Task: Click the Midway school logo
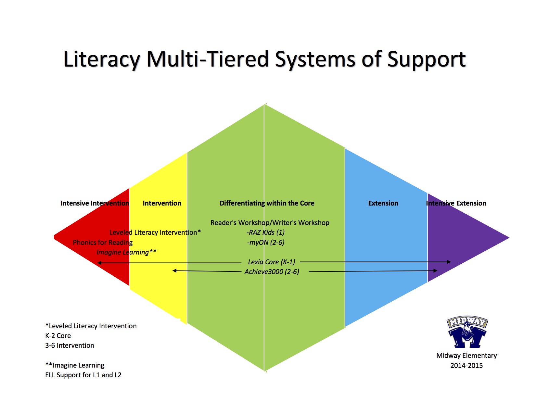(467, 332)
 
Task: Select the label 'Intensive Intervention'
(95, 203)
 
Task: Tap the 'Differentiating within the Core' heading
(267, 203)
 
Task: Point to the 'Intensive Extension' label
(456, 203)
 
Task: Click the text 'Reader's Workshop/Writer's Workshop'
(270, 223)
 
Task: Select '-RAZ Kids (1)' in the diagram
(266, 232)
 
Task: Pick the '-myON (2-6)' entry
(266, 242)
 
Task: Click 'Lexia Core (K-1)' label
(271, 262)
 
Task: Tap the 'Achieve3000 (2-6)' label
(272, 272)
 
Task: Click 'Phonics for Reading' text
(103, 242)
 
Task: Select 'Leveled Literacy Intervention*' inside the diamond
(155, 232)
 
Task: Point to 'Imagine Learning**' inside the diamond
(126, 252)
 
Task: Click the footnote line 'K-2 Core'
(58, 336)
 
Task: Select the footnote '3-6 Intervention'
(70, 345)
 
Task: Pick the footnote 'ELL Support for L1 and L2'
(83, 375)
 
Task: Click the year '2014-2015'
(466, 365)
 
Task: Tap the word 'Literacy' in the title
(102, 59)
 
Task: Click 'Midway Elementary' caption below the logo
(466, 356)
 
